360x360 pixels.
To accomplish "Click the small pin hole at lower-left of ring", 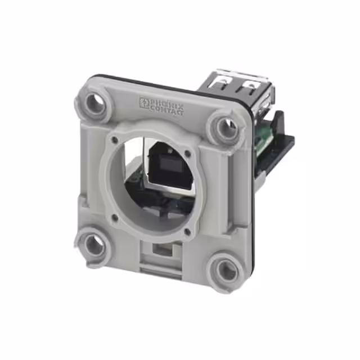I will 115,216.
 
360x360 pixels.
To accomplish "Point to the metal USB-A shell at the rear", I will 239,90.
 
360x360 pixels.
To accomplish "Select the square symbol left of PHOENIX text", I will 143,102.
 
